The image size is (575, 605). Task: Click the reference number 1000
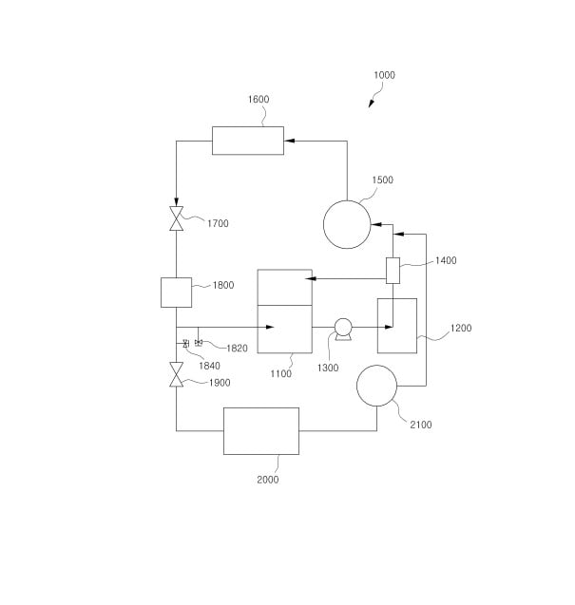(x=384, y=75)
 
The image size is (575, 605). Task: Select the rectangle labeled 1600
(x=248, y=141)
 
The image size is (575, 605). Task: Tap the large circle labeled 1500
(x=347, y=225)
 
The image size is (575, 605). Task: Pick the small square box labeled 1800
(x=176, y=292)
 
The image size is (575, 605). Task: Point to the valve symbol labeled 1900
(x=176, y=375)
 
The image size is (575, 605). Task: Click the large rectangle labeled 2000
(x=261, y=431)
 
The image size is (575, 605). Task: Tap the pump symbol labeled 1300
(x=343, y=329)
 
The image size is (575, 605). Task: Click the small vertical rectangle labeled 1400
(x=392, y=271)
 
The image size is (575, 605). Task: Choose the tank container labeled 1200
(x=397, y=326)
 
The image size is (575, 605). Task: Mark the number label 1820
(x=236, y=349)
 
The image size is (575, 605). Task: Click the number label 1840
(x=209, y=366)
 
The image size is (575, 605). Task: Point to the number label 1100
(x=281, y=374)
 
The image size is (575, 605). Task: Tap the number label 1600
(x=259, y=99)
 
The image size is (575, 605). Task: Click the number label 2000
(x=268, y=480)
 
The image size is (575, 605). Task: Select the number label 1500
(x=382, y=180)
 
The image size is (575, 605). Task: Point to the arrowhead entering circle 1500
(x=374, y=225)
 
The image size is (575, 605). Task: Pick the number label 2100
(x=420, y=425)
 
